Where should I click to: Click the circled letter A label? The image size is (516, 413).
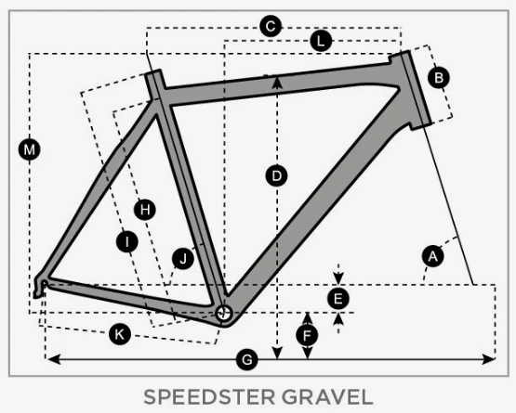[x=432, y=256]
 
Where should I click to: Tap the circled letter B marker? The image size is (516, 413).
[x=439, y=78]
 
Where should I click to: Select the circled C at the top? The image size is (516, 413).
[x=271, y=26]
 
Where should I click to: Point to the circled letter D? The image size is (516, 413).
[x=276, y=175]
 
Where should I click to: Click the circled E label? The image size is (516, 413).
[x=338, y=299]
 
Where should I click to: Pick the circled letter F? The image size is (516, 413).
[x=307, y=336]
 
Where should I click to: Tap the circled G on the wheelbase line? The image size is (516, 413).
[x=246, y=359]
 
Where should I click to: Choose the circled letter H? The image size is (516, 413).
[x=145, y=210]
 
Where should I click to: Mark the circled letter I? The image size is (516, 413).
[x=127, y=242]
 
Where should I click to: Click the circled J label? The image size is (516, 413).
[x=183, y=259]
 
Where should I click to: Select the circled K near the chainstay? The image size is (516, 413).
[x=120, y=334]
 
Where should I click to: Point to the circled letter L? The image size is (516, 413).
[x=321, y=41]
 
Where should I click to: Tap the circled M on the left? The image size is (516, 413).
[x=30, y=149]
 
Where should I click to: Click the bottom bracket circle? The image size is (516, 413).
[x=224, y=314]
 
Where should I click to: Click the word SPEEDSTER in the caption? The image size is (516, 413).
[x=209, y=397]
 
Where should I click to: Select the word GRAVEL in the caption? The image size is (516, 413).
[x=327, y=397]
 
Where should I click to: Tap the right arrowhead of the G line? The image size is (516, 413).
[x=489, y=359]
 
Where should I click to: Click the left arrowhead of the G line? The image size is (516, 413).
[x=53, y=359]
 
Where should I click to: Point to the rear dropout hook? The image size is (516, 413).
[x=39, y=286]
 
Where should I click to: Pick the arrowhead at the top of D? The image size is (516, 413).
[x=277, y=82]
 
